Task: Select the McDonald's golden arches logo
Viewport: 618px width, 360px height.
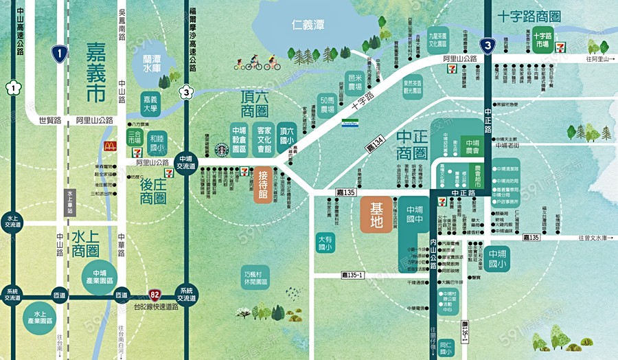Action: coord(108,146)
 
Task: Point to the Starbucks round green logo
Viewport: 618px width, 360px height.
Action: coord(221,149)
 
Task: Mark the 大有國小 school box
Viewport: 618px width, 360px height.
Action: coord(325,243)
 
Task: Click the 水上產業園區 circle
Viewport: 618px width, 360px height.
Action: coord(37,317)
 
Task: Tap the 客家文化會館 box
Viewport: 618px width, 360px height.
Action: coord(264,139)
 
